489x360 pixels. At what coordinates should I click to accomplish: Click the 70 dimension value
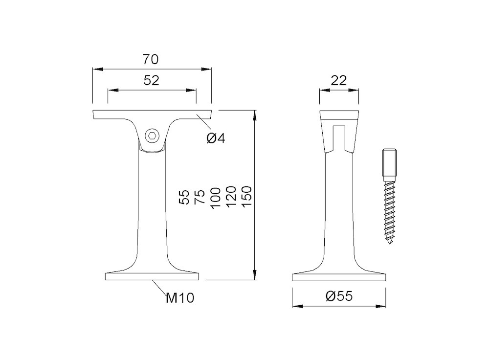click(151, 59)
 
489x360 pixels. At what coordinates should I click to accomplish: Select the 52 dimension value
click(151, 81)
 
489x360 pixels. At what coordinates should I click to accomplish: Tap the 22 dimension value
click(339, 81)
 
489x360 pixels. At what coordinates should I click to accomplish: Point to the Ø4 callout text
click(216, 138)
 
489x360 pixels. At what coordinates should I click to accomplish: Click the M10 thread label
click(180, 298)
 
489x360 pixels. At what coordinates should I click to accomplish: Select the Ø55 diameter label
click(339, 296)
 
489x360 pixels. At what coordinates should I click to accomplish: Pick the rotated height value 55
click(184, 197)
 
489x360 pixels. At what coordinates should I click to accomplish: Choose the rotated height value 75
click(200, 197)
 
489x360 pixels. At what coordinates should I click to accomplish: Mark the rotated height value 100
click(216, 198)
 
